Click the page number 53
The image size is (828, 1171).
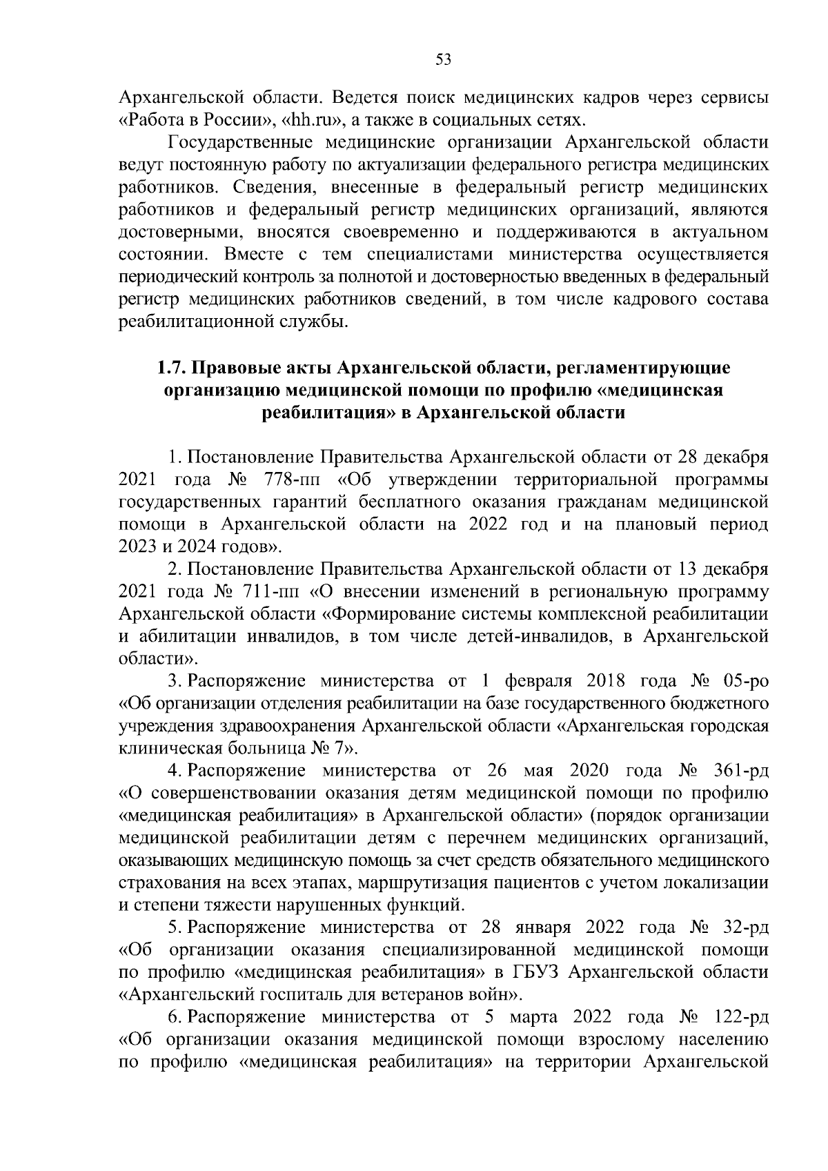point(444,59)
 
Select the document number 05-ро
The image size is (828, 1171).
point(744,682)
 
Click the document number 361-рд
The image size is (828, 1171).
point(740,771)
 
